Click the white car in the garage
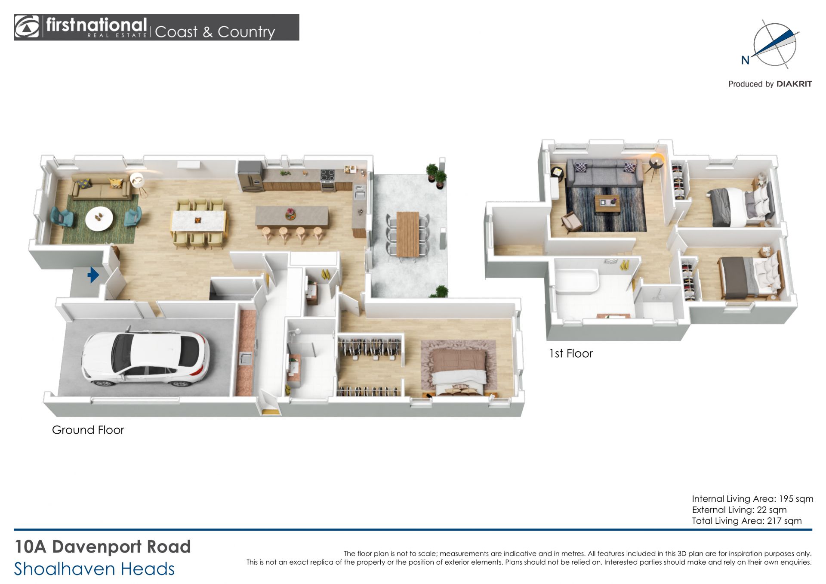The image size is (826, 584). tap(145, 358)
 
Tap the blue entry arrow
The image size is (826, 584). tap(93, 275)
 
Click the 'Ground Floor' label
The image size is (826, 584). tap(88, 430)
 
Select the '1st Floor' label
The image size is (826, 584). tap(571, 353)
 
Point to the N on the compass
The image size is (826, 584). tap(745, 60)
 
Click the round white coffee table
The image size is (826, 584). tap(99, 218)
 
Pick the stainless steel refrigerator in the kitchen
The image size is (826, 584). tap(250, 176)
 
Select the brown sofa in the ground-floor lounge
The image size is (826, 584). tap(102, 187)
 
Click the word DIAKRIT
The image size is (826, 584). tap(794, 84)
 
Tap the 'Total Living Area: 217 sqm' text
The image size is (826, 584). tap(746, 521)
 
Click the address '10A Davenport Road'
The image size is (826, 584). tap(102, 547)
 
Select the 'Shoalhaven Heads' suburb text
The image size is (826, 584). tap(94, 569)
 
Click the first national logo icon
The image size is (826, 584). tap(27, 27)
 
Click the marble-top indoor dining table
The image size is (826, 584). tap(198, 221)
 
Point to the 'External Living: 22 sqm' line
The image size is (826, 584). tap(739, 510)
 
